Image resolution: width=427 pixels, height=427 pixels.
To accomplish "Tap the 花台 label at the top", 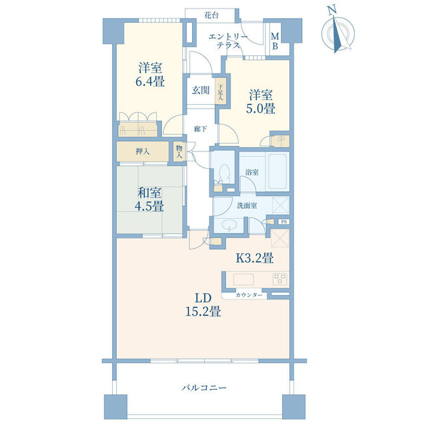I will coord(212,15).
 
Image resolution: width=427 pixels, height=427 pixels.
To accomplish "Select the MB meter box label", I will coord(275,41).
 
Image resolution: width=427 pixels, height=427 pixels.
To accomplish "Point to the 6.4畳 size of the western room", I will coord(151,83).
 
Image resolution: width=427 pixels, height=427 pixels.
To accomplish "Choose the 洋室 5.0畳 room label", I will coord(262,102).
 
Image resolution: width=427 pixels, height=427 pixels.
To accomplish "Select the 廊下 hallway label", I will coord(200,129).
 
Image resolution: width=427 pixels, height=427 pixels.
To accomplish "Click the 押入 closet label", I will coord(142,151).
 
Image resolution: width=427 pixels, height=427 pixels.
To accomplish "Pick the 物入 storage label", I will coord(179,151).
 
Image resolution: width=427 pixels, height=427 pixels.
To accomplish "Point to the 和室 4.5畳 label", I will coord(151,199).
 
